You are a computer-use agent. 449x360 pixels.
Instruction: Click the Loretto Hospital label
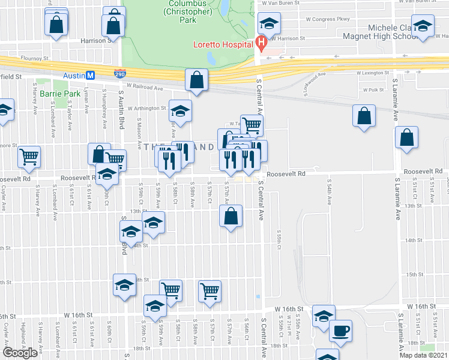point(223,44)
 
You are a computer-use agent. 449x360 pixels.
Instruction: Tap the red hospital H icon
point(261,43)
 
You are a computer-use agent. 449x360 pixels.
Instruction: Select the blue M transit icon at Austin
point(90,76)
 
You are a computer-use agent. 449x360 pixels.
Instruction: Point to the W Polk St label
point(373,90)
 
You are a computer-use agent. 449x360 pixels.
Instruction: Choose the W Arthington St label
point(146,108)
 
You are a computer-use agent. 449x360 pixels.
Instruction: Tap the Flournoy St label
point(34,59)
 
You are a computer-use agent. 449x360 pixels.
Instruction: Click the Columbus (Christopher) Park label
point(187,11)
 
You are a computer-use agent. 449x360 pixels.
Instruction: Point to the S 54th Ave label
point(329,191)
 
